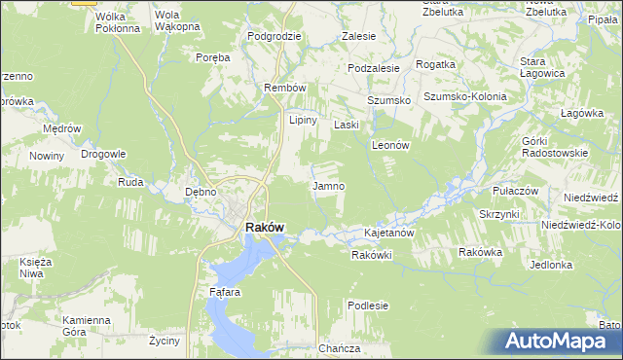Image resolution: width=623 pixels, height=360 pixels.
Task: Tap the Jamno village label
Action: coord(327,186)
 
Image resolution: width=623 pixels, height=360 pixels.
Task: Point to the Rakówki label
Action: coord(371,255)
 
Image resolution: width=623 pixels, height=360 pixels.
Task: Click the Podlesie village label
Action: coord(368,306)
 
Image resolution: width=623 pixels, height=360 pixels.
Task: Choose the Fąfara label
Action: coord(224,291)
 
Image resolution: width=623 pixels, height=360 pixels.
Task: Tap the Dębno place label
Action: coord(201,192)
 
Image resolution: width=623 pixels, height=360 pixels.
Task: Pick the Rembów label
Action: coord(285,88)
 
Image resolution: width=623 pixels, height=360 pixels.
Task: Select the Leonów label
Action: coord(389,144)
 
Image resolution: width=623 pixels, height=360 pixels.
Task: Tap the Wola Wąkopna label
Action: coord(175,21)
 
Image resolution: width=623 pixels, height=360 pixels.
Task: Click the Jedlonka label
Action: coord(551,265)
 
